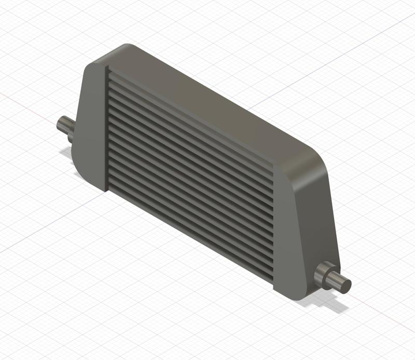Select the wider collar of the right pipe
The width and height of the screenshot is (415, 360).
tap(324, 275)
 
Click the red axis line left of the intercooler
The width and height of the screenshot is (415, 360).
tap(26, 104)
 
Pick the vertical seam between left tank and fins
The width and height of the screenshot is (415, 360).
tap(106, 130)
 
